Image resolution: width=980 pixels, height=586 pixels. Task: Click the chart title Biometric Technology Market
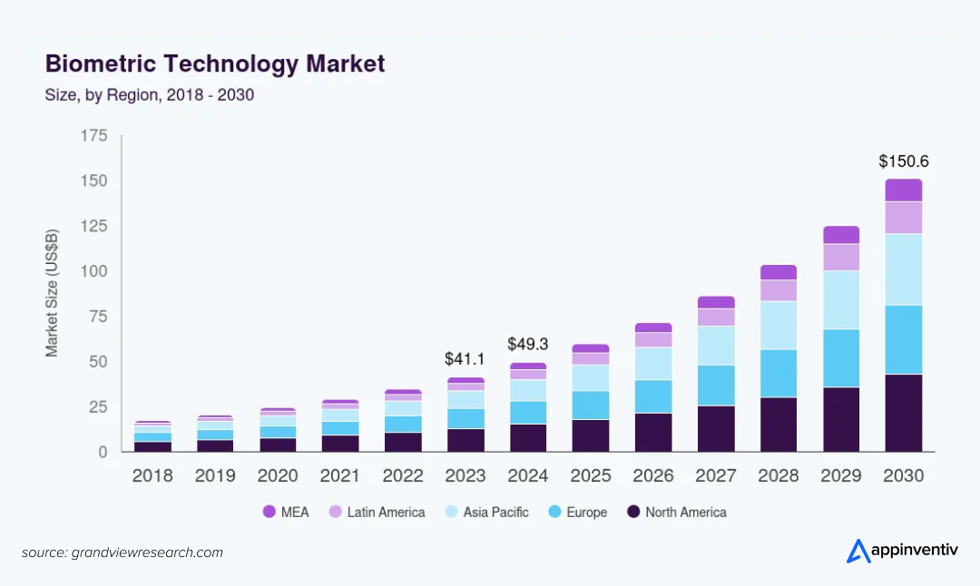point(215,64)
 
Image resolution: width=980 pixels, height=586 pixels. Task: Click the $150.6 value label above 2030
point(904,161)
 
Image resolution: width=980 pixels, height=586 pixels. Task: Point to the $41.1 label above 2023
point(465,359)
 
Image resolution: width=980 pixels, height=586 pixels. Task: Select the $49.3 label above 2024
point(528,345)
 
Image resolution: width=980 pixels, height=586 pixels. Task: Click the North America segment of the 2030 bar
point(904,413)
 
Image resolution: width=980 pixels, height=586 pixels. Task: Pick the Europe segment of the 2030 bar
point(904,339)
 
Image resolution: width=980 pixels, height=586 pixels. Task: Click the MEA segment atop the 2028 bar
point(778,272)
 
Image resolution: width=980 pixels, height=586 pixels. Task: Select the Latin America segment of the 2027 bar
point(715,317)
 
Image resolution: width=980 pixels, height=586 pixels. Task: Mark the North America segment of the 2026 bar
point(653,432)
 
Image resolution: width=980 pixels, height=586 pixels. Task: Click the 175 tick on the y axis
point(94,136)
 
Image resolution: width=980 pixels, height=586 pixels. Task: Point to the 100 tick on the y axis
point(94,271)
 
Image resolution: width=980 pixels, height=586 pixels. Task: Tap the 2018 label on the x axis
point(152,476)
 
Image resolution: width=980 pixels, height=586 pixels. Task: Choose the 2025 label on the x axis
point(590,476)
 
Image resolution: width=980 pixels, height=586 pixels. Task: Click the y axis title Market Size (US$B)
point(53,293)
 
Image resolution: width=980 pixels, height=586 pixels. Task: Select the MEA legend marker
point(269,513)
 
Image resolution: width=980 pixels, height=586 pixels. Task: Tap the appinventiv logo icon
point(858,551)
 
